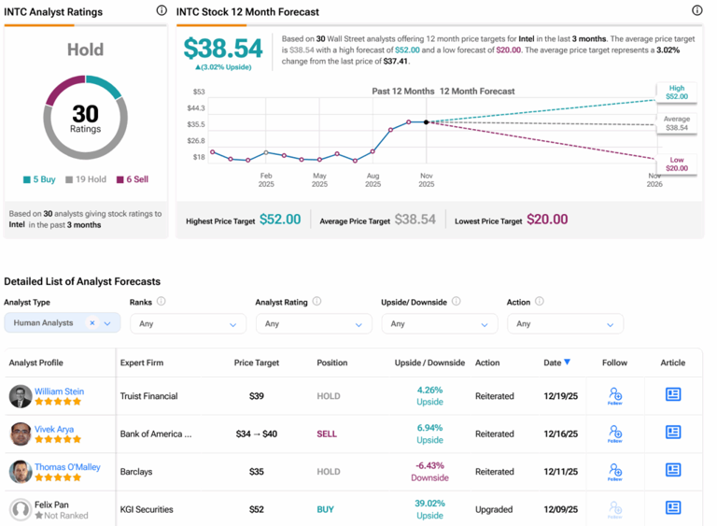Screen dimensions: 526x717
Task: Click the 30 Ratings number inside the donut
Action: pyautogui.click(x=85, y=113)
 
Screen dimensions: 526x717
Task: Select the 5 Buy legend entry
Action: pyautogui.click(x=41, y=179)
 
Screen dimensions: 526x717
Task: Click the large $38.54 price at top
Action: pyautogui.click(x=223, y=49)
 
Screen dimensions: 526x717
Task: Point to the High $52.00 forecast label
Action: pyautogui.click(x=676, y=92)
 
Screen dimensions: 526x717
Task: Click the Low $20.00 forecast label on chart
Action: pyautogui.click(x=676, y=164)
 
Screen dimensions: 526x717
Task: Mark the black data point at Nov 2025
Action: pyautogui.click(x=427, y=122)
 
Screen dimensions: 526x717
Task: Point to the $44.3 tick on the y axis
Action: pyautogui.click(x=198, y=108)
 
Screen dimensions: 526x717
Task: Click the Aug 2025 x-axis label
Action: pyautogui.click(x=373, y=179)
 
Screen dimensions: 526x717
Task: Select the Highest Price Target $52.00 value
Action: pyautogui.click(x=280, y=220)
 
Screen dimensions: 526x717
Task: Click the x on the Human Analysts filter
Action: pyautogui.click(x=92, y=323)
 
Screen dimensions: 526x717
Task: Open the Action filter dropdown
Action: pyautogui.click(x=565, y=324)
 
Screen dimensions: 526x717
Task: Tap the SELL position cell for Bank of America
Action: pyautogui.click(x=328, y=434)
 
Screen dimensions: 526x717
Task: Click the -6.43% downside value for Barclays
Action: pyautogui.click(x=430, y=465)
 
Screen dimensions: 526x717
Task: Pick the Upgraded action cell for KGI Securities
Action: pyautogui.click(x=494, y=510)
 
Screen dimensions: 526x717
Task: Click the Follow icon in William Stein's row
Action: pyautogui.click(x=614, y=396)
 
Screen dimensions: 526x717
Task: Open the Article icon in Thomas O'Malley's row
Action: pyautogui.click(x=672, y=471)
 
